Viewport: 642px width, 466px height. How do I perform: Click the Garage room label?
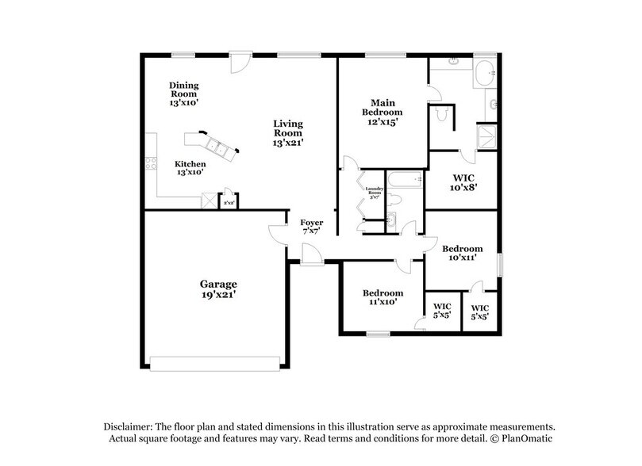pos(217,288)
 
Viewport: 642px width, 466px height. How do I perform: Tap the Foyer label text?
pos(311,227)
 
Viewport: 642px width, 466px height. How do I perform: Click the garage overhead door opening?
pos(214,364)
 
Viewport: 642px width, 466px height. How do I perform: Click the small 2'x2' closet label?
pos(228,203)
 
